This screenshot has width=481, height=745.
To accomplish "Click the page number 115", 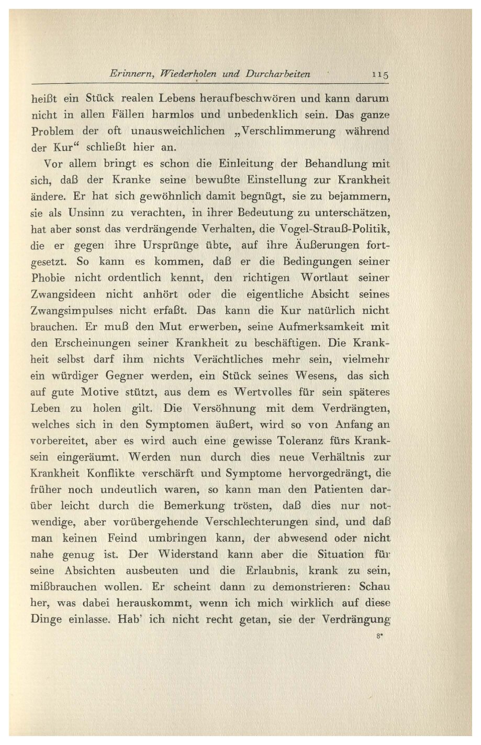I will (x=380, y=74).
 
